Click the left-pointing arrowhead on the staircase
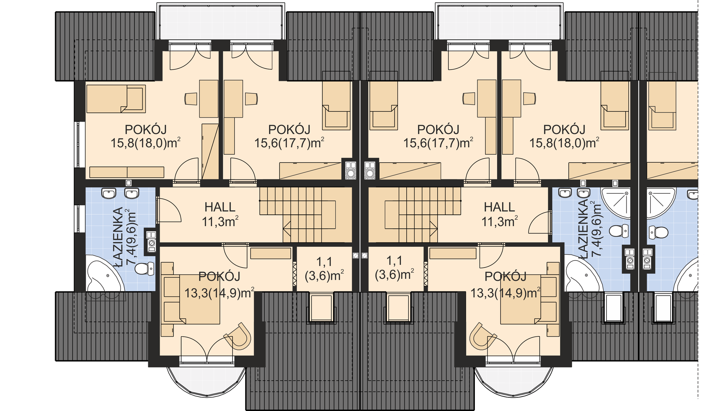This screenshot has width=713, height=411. [x=287, y=229]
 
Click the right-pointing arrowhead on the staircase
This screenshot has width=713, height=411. [x=434, y=229]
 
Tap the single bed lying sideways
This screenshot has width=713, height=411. [x=116, y=99]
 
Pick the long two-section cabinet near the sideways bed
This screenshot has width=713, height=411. [x=127, y=172]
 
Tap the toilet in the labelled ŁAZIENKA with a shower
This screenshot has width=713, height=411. [x=619, y=231]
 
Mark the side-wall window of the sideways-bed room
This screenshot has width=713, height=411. [x=80, y=145]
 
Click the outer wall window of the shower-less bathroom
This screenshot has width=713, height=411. [x=80, y=219]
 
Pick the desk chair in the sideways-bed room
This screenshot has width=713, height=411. [x=191, y=99]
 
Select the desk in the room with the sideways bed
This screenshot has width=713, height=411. [x=209, y=99]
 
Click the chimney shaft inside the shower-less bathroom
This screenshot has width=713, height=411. [x=151, y=242]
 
